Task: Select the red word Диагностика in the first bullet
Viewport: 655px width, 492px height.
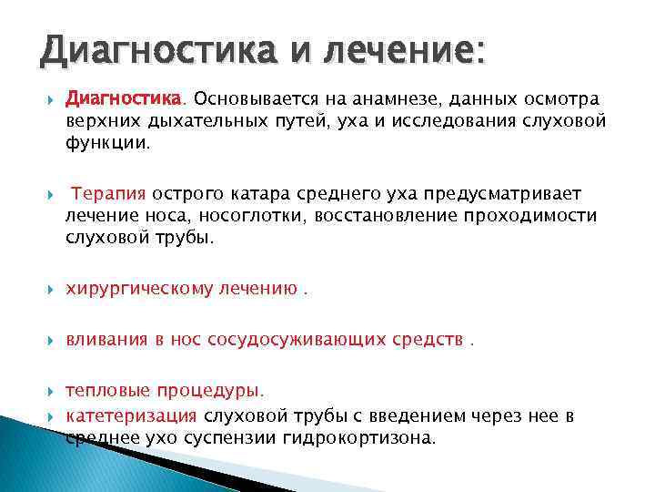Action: click(125, 98)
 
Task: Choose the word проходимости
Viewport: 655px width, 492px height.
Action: click(535, 216)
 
